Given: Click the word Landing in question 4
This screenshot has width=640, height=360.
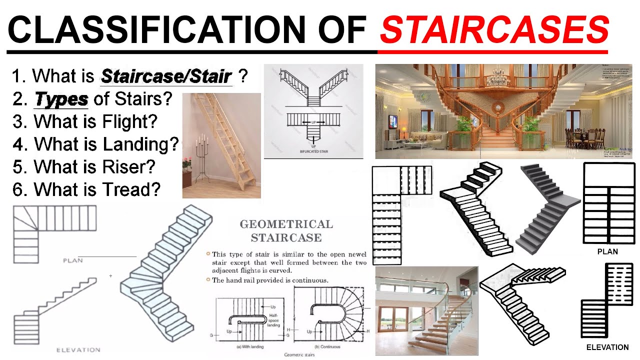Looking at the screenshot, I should click(x=140, y=144).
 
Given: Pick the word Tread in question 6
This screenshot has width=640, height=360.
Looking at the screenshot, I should click(x=130, y=189).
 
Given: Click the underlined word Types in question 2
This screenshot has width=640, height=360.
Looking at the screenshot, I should click(x=61, y=99).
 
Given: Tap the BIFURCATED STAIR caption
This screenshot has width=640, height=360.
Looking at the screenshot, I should click(x=313, y=150).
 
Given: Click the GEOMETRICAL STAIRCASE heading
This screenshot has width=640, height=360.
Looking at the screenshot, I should click(x=286, y=230).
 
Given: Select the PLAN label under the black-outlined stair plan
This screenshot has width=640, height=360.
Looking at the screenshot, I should click(x=607, y=252).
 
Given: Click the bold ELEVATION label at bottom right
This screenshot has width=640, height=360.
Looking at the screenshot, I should click(x=607, y=347).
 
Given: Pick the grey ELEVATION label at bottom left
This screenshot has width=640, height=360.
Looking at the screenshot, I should click(x=78, y=350).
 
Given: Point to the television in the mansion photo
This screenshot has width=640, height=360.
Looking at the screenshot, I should click(x=393, y=121).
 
